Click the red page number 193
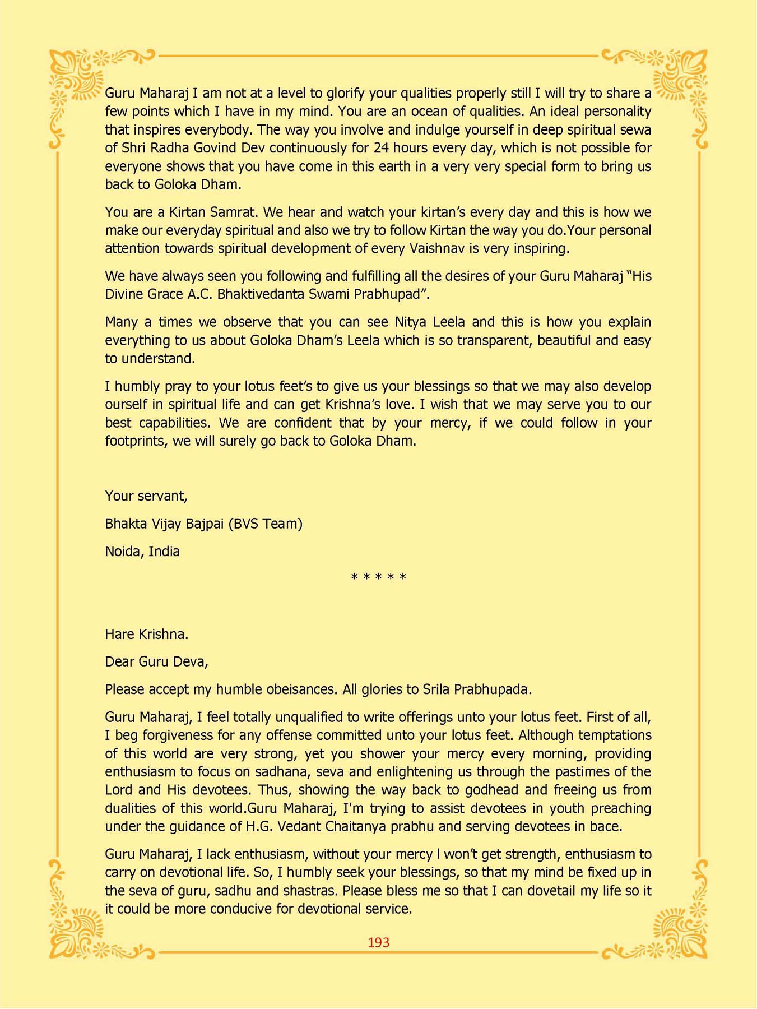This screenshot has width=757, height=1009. coord(378,942)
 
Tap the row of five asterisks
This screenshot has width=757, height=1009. coord(378,577)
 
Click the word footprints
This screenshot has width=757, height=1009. coord(136,441)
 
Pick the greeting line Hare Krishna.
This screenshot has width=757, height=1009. coord(146,634)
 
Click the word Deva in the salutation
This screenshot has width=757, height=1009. coord(189,661)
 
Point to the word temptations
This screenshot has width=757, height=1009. coord(614,735)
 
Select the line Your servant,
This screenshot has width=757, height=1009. coord(146,496)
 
